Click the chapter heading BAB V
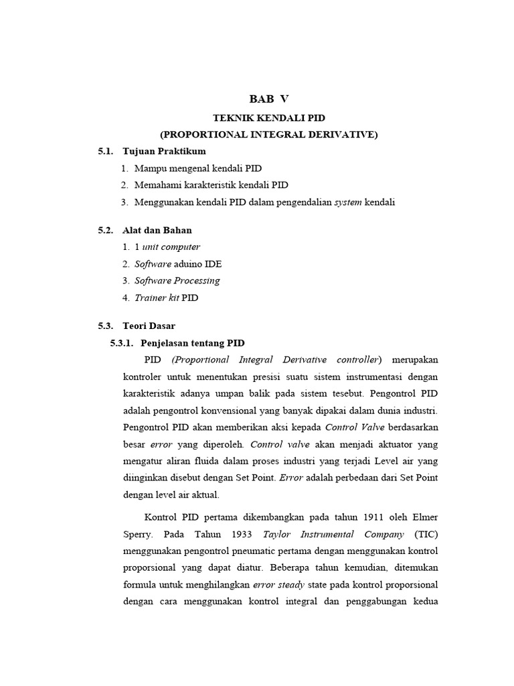point(269,99)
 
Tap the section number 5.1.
point(106,151)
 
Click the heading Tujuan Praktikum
point(164,151)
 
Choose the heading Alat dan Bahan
point(158,230)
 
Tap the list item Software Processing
point(177,281)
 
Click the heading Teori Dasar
point(149,326)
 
